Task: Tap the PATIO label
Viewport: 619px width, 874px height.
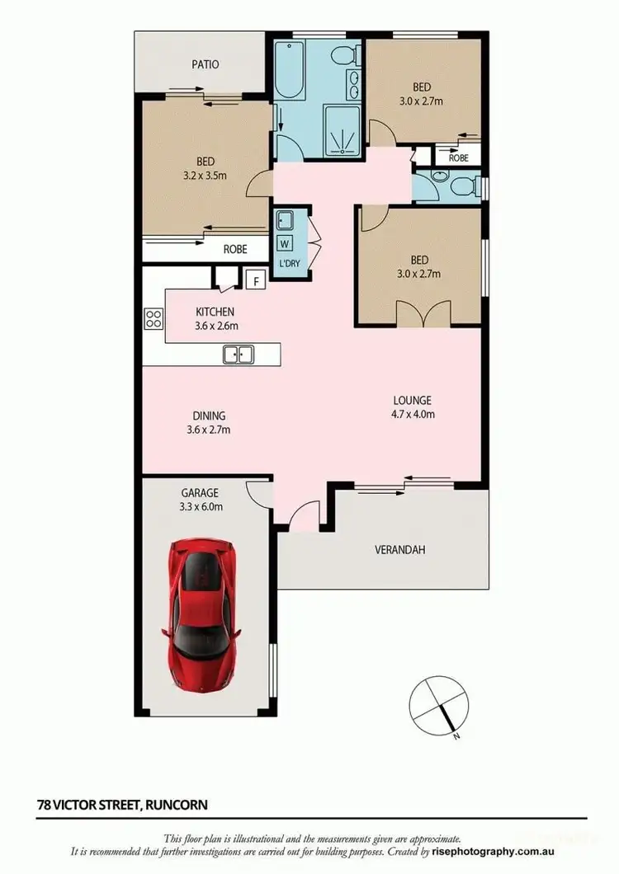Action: click(x=206, y=63)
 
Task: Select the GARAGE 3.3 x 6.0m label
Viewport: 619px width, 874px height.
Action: click(x=200, y=500)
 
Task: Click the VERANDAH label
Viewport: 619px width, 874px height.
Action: click(x=400, y=550)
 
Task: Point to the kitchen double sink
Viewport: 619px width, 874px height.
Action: click(x=239, y=355)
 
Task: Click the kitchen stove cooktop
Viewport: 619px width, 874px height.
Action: click(x=154, y=318)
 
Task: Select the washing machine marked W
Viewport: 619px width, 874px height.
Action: click(x=285, y=243)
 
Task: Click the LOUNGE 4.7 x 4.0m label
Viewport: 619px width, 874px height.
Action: click(x=413, y=407)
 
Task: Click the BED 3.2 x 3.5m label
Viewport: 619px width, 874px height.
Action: click(x=206, y=168)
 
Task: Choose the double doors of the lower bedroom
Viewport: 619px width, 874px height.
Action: click(x=424, y=314)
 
